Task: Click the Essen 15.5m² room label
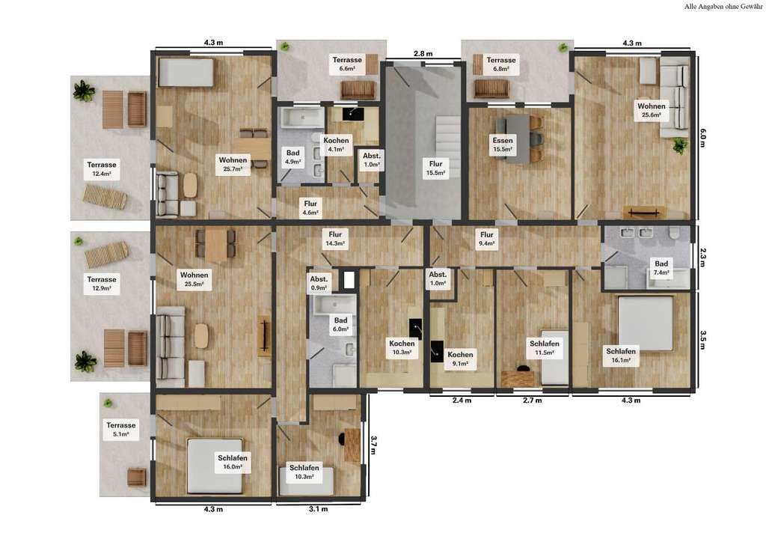pos(503,144)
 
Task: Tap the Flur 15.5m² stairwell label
pos(436,168)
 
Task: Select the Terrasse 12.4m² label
pos(102,169)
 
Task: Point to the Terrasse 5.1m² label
pos(120,429)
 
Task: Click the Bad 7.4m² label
pos(661,267)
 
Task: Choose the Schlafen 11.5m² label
pos(545,348)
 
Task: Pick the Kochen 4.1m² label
pos(336,144)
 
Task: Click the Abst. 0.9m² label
pos(319,283)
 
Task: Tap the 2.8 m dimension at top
pos(423,53)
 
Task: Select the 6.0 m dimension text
pos(702,137)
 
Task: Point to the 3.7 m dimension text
pos(373,445)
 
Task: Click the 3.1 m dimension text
pos(318,509)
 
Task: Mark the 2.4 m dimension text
pos(462,401)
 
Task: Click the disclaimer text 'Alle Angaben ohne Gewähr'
pos(723,7)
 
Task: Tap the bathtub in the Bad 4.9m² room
pos(301,118)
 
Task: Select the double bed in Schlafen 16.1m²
pos(646,324)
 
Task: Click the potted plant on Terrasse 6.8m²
pos(564,47)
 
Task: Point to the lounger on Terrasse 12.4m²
pos(105,196)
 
